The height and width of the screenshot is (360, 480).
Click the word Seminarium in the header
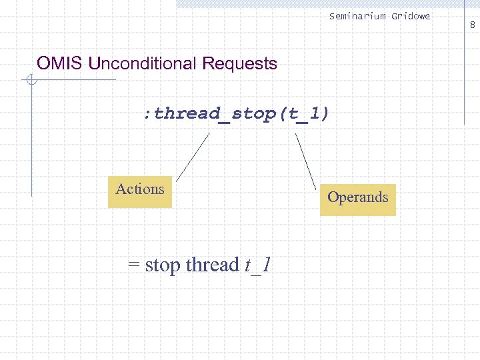357,16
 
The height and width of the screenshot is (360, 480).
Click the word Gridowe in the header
410,16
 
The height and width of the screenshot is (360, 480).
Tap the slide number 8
472,25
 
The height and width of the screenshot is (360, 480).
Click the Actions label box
140,191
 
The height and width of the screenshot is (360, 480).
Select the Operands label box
357,199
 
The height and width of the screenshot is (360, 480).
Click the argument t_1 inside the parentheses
304,114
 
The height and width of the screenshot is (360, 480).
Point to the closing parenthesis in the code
325,114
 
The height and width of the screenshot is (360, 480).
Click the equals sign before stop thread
134,265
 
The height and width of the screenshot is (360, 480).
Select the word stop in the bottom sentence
163,265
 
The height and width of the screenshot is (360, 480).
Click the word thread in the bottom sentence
212,265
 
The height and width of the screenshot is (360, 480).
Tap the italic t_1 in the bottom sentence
257,265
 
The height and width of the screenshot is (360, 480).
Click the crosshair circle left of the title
31,81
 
